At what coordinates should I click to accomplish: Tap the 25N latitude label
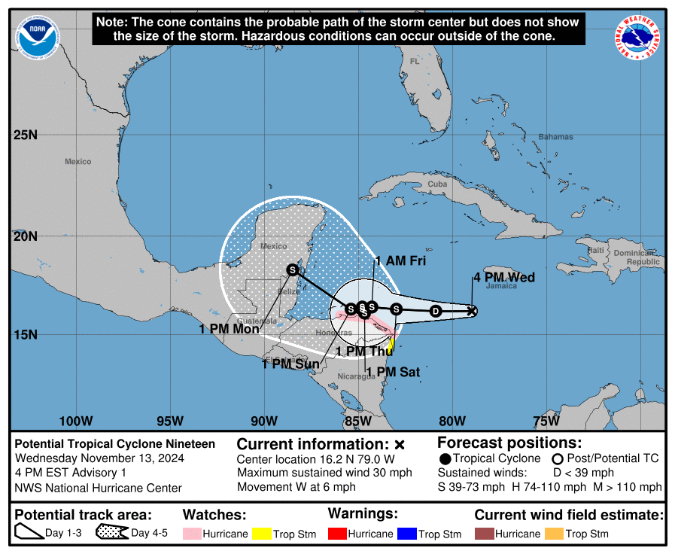[x=25, y=135]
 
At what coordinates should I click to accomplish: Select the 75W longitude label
[x=545, y=420]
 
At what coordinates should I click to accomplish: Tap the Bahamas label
[x=555, y=137]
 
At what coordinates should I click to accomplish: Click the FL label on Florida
[x=414, y=61]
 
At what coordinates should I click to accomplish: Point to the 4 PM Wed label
[x=503, y=278]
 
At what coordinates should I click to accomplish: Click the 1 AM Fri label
[x=400, y=260]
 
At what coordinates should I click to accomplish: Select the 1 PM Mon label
[x=229, y=329]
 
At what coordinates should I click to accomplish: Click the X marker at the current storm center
[x=472, y=310]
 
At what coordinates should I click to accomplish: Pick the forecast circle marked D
[x=435, y=310]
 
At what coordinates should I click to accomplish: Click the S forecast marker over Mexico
[x=293, y=269]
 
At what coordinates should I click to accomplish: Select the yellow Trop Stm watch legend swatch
[x=262, y=534]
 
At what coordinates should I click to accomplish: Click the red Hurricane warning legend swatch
[x=338, y=534]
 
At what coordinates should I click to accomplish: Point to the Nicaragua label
[x=356, y=376]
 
